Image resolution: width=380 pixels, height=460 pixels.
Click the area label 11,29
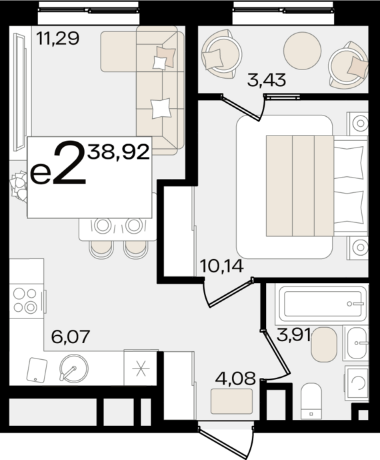click(x=58, y=39)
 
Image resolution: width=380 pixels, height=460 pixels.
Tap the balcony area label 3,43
click(x=266, y=81)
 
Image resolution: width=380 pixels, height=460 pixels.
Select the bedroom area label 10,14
click(x=221, y=267)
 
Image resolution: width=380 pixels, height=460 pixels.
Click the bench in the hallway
click(x=231, y=401)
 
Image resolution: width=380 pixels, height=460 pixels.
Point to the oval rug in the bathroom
click(x=324, y=343)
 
